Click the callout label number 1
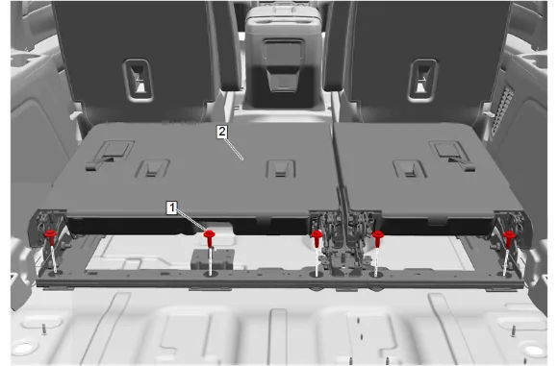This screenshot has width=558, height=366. coord(172,207)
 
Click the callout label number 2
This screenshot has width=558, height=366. coord(222,132)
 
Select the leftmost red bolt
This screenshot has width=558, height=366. coord(51,237)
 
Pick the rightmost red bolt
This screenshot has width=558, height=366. coord(509,238)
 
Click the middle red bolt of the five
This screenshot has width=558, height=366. coord(317,238)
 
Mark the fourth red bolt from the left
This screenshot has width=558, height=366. coord(377,238)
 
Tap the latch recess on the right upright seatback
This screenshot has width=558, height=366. coord(422,81)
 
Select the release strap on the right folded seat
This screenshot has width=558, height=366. coord(453,156)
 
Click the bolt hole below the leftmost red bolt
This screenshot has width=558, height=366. coord(56,274)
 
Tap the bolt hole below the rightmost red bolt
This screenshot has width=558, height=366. coord(504,275)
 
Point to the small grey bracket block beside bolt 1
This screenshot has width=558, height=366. coord(213,258)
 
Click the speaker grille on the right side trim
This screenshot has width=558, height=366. coord(502,110)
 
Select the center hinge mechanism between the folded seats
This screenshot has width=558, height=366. coord(342,242)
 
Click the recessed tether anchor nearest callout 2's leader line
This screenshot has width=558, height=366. coord(281,168)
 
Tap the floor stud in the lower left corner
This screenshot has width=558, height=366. coord(44,329)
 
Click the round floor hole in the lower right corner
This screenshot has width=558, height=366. coord(532,351)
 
